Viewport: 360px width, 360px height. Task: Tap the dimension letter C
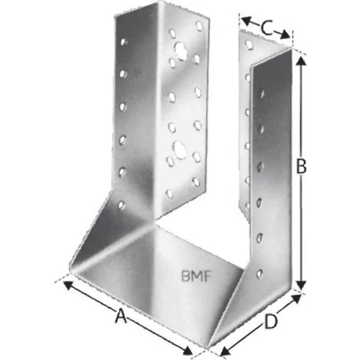(266, 28)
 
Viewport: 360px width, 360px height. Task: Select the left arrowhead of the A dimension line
(67, 283)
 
